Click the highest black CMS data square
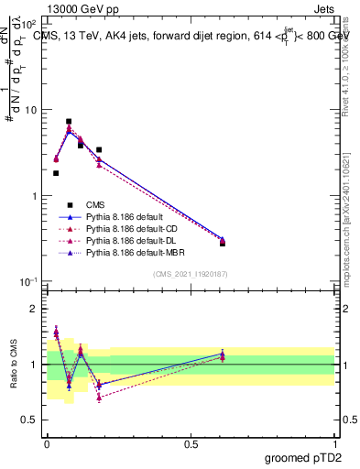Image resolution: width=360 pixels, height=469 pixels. pos(69,121)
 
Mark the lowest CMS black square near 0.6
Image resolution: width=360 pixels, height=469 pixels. pos(223,243)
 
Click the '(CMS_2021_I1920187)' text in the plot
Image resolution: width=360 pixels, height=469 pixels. pos(191,273)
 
